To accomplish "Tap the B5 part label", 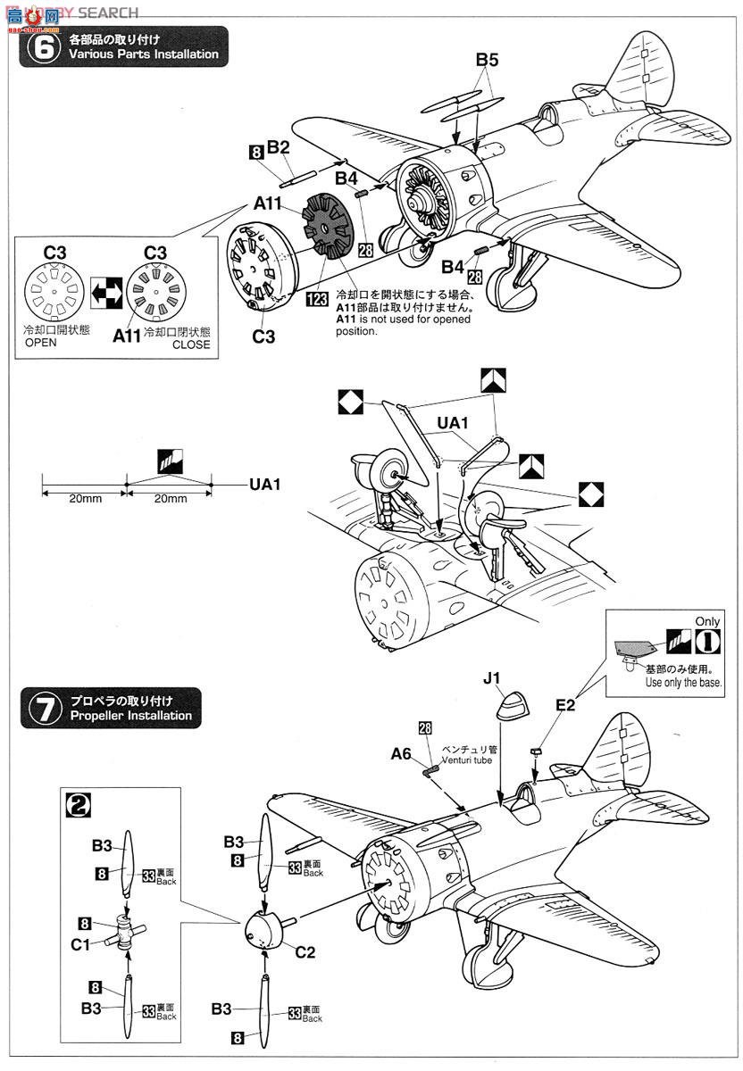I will tap(487, 61).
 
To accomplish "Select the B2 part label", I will tap(279, 147).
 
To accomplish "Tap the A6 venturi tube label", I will tap(401, 754).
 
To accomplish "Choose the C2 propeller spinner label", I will tap(305, 951).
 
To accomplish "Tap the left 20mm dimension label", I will tap(86, 498).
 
